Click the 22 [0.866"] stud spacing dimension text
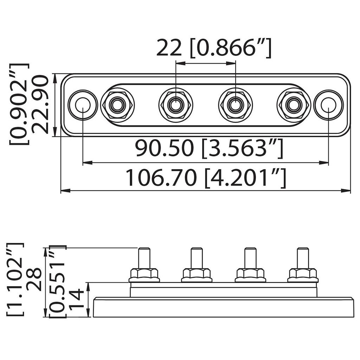click(214, 48)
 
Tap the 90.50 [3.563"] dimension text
click(209, 148)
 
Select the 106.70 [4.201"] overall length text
click(206, 178)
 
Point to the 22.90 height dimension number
click(39, 104)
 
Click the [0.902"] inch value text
click(19, 104)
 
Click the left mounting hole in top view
click(83, 104)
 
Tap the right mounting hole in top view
click(328, 104)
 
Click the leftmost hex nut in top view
click(117, 104)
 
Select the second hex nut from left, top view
click(175, 104)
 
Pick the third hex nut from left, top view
click(235, 104)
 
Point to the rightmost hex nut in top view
click(294, 104)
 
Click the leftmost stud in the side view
click(144, 258)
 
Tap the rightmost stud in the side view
click(303, 258)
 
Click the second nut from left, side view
click(197, 275)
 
